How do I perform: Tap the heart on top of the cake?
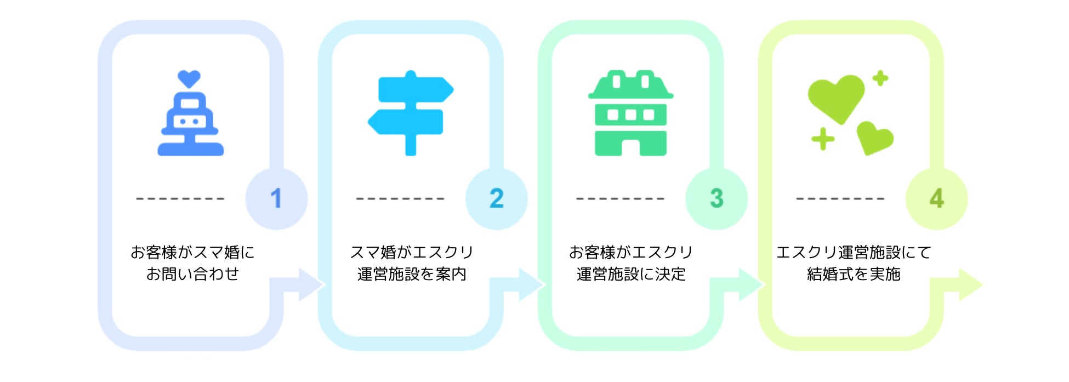189,78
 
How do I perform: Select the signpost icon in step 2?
411,112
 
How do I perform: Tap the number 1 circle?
276,198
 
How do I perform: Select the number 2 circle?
496,198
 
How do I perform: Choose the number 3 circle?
716,198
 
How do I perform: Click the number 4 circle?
936,198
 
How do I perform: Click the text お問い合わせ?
192,273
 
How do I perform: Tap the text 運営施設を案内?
412,273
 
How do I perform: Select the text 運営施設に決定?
631,273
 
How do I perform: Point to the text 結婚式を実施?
854,273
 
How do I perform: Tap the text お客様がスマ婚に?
192,252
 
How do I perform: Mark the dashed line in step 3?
620,198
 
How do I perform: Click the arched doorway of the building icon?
631,147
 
